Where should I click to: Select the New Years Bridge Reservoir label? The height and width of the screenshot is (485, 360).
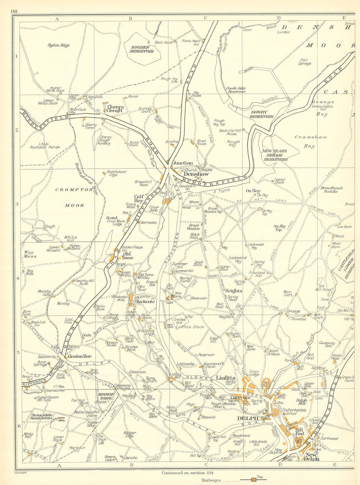pos(276,155)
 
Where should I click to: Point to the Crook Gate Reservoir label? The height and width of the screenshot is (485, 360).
pos(236,90)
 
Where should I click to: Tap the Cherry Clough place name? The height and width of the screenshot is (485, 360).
pos(115,109)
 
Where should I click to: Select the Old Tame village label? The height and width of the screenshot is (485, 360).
pos(127,255)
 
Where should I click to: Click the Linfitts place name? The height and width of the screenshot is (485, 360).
pos(226,378)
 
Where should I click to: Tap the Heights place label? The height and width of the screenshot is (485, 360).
pos(234,290)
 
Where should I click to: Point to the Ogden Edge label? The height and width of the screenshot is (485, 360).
pos(58,45)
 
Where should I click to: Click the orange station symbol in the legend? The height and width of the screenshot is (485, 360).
pos(254,480)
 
